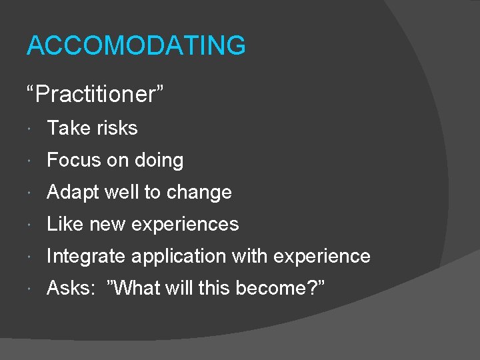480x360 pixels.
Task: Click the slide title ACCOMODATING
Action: pyautogui.click(x=136, y=46)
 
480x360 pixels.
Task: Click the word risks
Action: pyautogui.click(x=117, y=128)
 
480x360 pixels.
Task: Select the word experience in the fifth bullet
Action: pyautogui.click(x=323, y=257)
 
